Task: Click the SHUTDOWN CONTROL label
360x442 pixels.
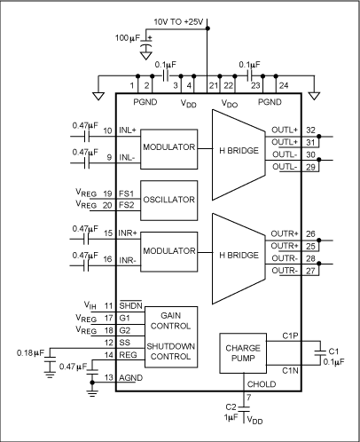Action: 166,353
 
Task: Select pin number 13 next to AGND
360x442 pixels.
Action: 108,378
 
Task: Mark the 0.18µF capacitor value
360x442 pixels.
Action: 31,351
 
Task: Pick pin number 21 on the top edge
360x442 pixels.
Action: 212,85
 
